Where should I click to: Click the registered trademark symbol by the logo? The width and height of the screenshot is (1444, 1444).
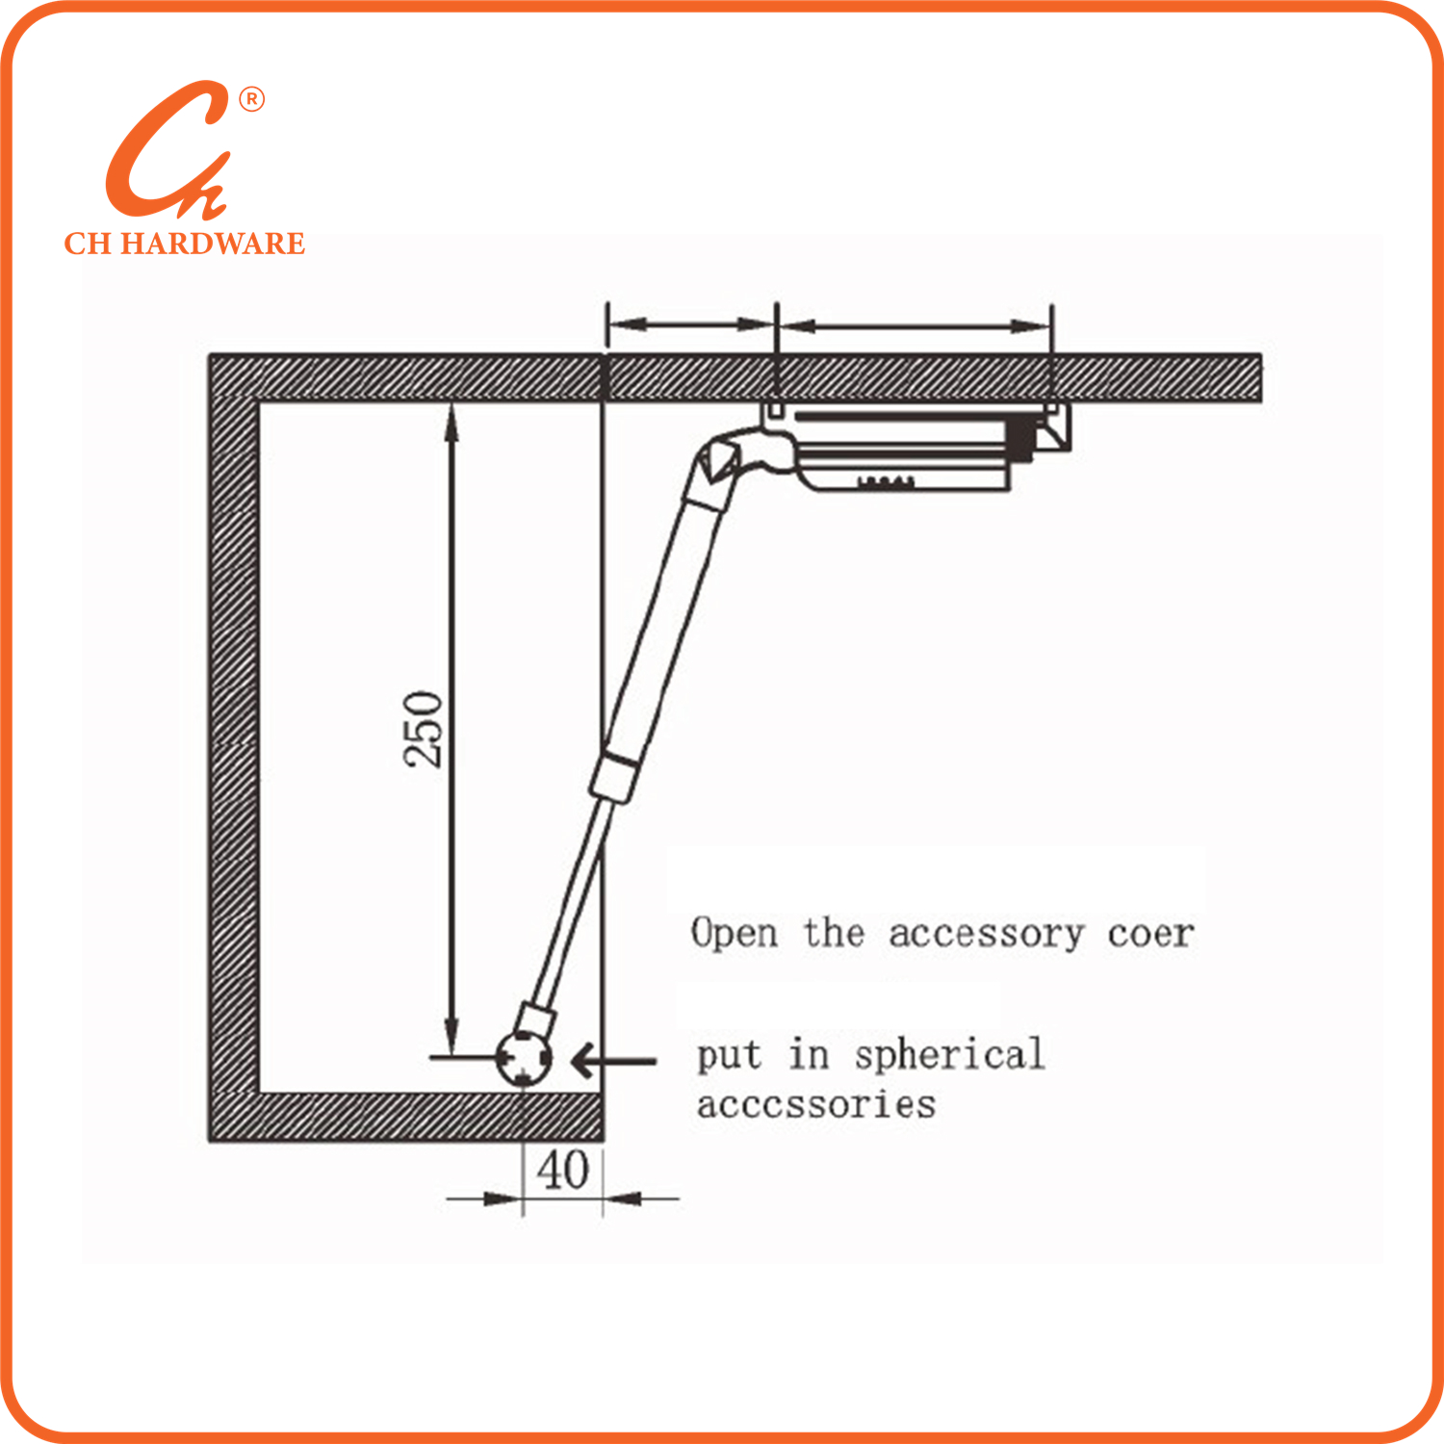251,99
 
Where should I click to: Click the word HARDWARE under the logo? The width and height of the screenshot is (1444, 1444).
213,244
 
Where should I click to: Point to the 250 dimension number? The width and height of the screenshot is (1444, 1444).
424,729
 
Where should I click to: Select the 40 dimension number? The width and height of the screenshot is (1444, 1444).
563,1171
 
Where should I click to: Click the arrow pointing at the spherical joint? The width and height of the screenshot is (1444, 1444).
614,1061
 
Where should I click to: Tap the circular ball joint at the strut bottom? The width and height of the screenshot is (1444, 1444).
524,1057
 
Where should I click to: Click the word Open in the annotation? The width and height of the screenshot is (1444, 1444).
735,934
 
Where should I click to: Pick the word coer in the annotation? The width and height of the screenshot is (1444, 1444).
1150,934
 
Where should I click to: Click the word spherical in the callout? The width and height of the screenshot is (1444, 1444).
949,1055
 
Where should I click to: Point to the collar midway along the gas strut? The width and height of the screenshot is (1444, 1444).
615,777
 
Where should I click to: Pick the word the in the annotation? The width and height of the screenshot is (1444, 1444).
834,933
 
